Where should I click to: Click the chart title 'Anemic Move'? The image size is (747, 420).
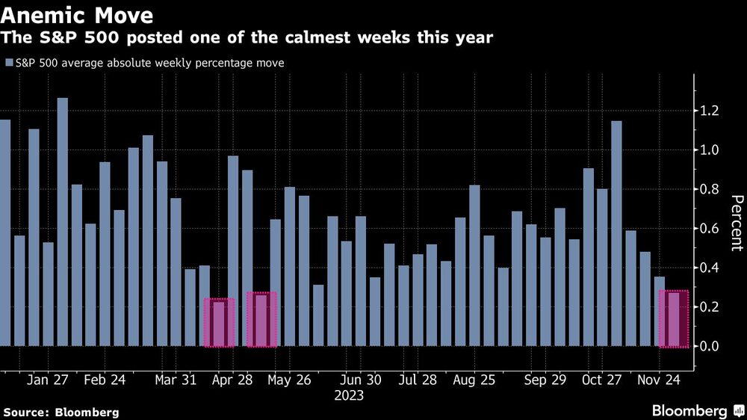click(x=78, y=15)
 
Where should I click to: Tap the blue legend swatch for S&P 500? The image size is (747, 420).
click(x=8, y=64)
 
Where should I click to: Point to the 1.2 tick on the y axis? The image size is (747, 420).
click(x=709, y=111)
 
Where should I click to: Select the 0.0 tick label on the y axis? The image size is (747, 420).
click(x=709, y=346)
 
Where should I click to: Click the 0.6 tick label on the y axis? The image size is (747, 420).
click(x=709, y=229)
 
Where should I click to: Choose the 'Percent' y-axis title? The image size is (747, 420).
click(x=736, y=223)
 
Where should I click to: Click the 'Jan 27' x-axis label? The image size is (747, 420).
click(x=49, y=380)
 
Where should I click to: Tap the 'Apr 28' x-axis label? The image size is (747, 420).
click(x=232, y=380)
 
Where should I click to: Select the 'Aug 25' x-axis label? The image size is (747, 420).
click(x=474, y=380)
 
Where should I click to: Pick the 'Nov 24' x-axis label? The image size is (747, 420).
click(x=657, y=380)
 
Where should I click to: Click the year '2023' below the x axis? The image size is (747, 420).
click(x=349, y=395)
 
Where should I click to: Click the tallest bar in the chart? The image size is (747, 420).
click(x=63, y=222)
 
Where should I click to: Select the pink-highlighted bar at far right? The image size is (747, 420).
click(x=673, y=319)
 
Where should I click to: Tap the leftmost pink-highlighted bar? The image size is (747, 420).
click(x=219, y=324)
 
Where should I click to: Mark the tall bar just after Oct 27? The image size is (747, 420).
click(x=616, y=233)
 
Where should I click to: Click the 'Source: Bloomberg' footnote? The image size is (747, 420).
click(x=61, y=412)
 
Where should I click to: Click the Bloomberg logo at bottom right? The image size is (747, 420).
click(x=697, y=411)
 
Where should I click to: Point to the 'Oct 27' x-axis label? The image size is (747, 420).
click(x=602, y=380)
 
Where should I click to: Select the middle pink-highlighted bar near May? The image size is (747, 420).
click(x=261, y=319)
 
